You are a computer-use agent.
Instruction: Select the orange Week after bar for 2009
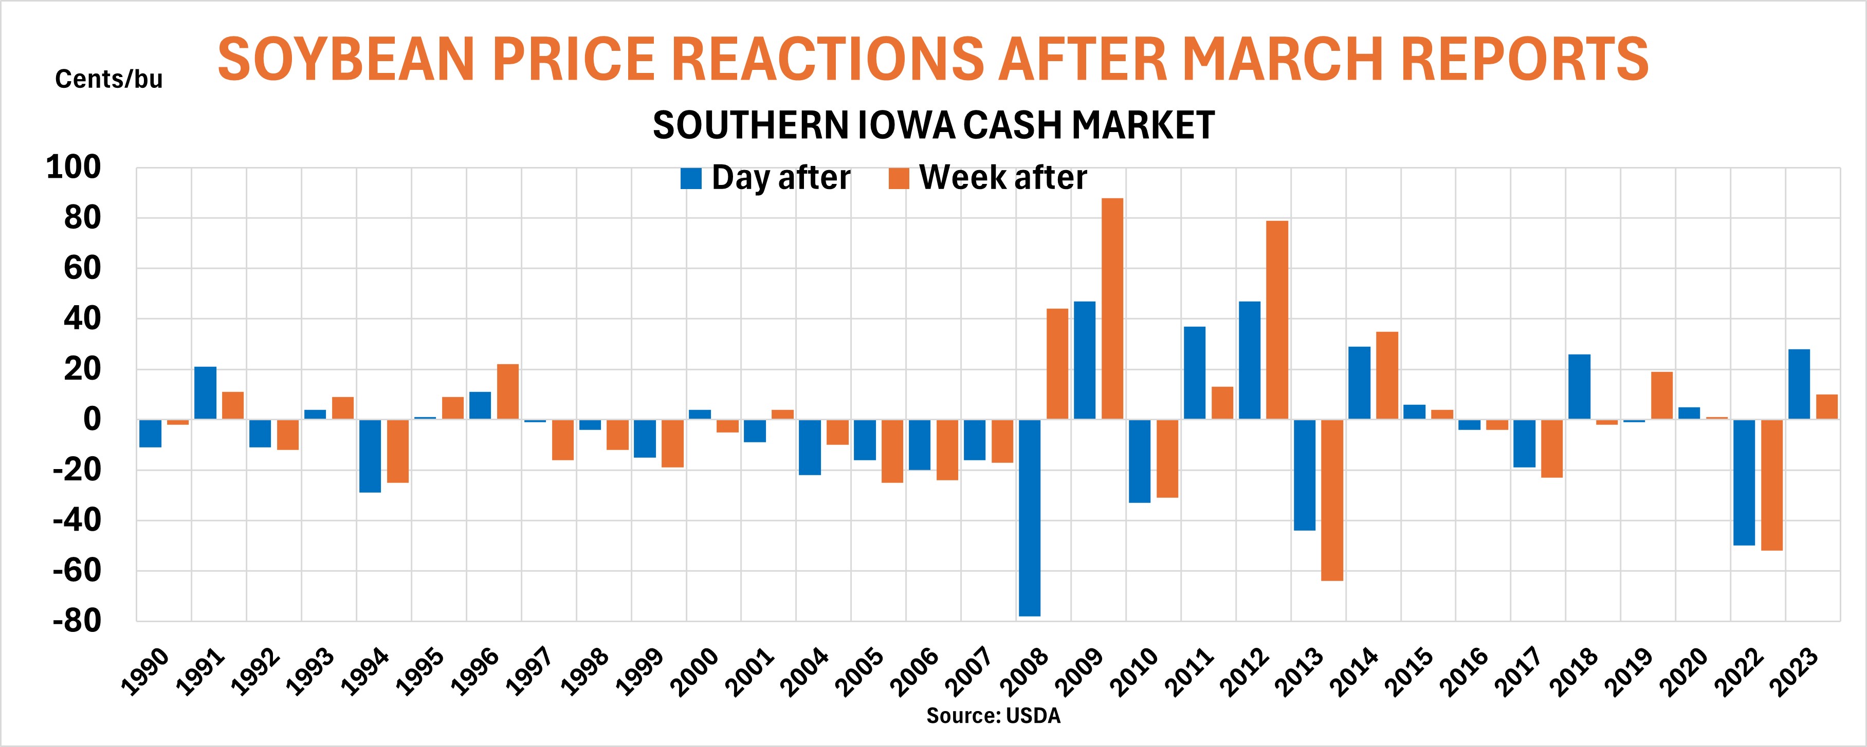click(x=1112, y=309)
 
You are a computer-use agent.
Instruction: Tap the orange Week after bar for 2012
click(x=1277, y=320)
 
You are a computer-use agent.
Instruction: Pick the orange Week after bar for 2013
click(x=1332, y=500)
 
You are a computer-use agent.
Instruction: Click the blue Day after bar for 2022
click(x=1744, y=482)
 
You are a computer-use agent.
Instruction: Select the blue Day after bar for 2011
click(x=1195, y=372)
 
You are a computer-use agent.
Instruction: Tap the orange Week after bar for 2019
click(x=1662, y=396)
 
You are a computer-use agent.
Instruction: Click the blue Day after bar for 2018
click(x=1579, y=387)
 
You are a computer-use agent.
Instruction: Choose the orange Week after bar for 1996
click(x=508, y=391)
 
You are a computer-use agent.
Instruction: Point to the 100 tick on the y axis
click(x=73, y=168)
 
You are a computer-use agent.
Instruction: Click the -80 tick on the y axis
click(x=76, y=622)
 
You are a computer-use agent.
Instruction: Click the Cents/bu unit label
click(x=108, y=80)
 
